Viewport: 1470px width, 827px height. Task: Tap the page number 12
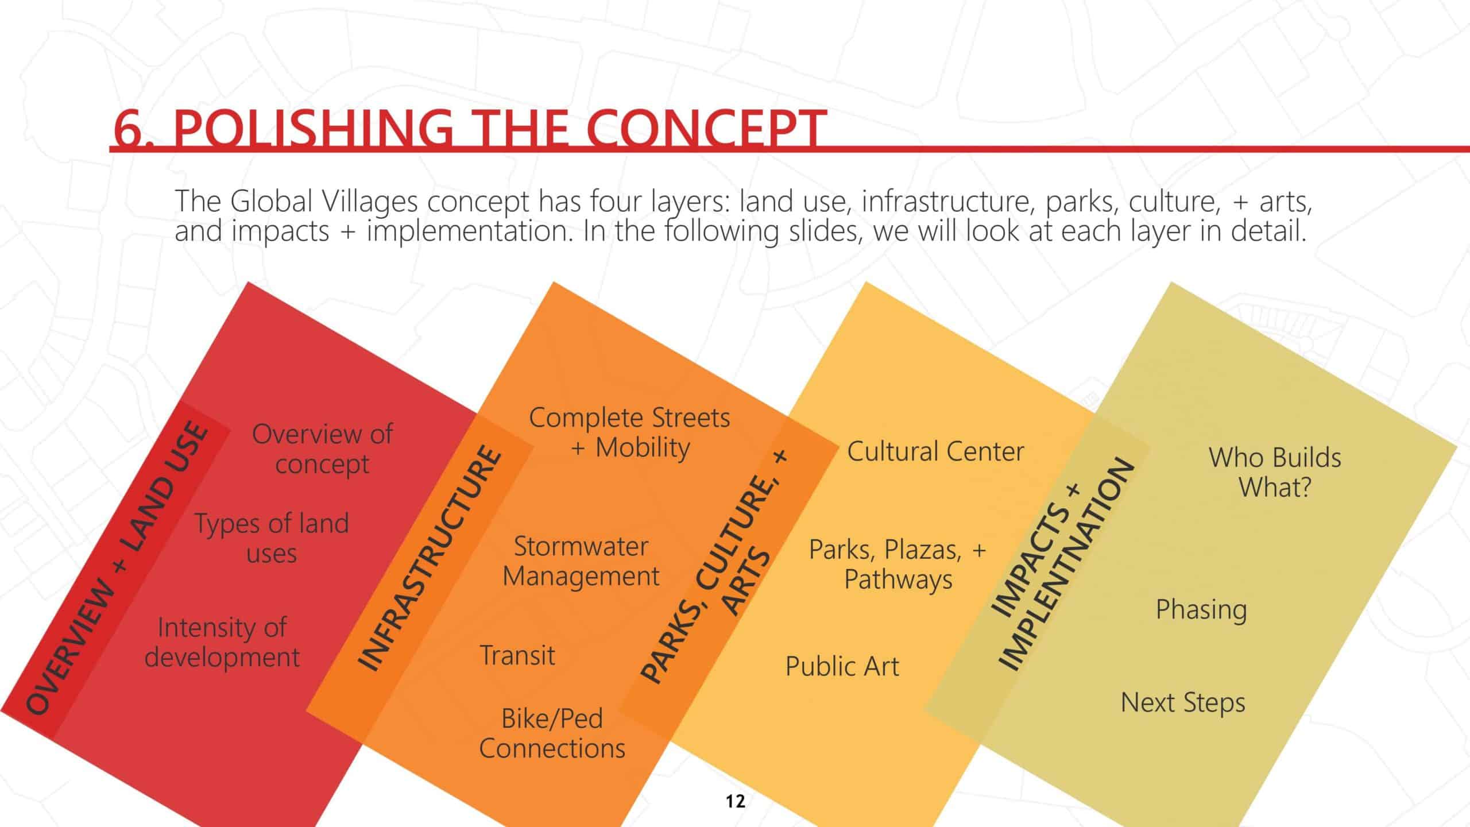(735, 801)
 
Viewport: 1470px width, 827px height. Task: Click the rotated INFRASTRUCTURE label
(430, 557)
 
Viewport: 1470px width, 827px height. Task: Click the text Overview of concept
(322, 449)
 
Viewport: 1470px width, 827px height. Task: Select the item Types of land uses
(272, 538)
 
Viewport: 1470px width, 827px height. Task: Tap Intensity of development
(222, 642)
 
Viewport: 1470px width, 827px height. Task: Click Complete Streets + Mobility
(629, 432)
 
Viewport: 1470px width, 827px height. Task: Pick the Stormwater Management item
(581, 561)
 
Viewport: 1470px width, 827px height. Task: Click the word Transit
(517, 655)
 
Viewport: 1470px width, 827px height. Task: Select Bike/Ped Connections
(552, 733)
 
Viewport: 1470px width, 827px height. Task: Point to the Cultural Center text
(935, 451)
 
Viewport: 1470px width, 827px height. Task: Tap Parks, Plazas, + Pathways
(898, 564)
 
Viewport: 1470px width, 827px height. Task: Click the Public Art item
(842, 666)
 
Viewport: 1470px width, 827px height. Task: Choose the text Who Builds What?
(1275, 472)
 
